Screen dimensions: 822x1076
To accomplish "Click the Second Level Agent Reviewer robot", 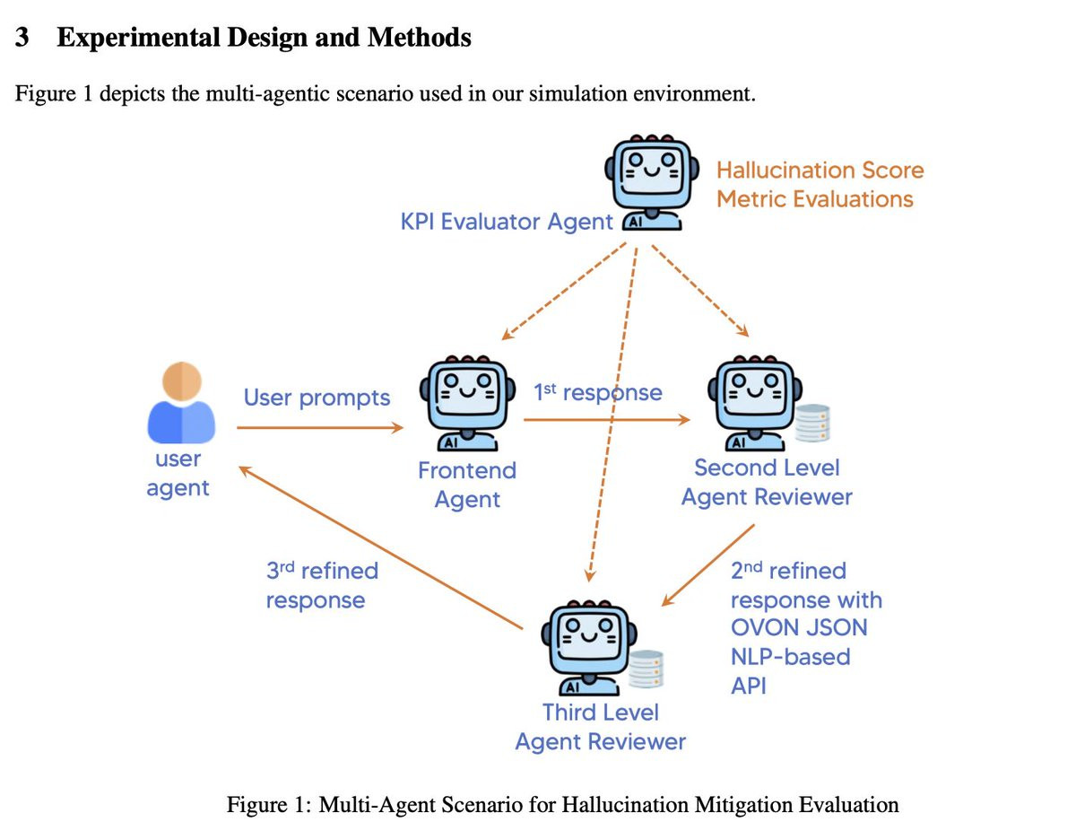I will click(751, 401).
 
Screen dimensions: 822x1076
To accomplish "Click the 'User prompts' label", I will click(317, 398).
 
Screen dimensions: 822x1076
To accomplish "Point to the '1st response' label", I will click(597, 393).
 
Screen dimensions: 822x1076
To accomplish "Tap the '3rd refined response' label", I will click(322, 585).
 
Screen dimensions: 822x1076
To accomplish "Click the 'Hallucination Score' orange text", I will click(820, 170).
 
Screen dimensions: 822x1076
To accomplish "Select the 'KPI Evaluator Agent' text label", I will click(507, 222).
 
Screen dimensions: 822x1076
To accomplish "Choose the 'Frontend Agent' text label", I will click(467, 485).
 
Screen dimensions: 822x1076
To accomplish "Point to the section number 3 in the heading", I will click(24, 38).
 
